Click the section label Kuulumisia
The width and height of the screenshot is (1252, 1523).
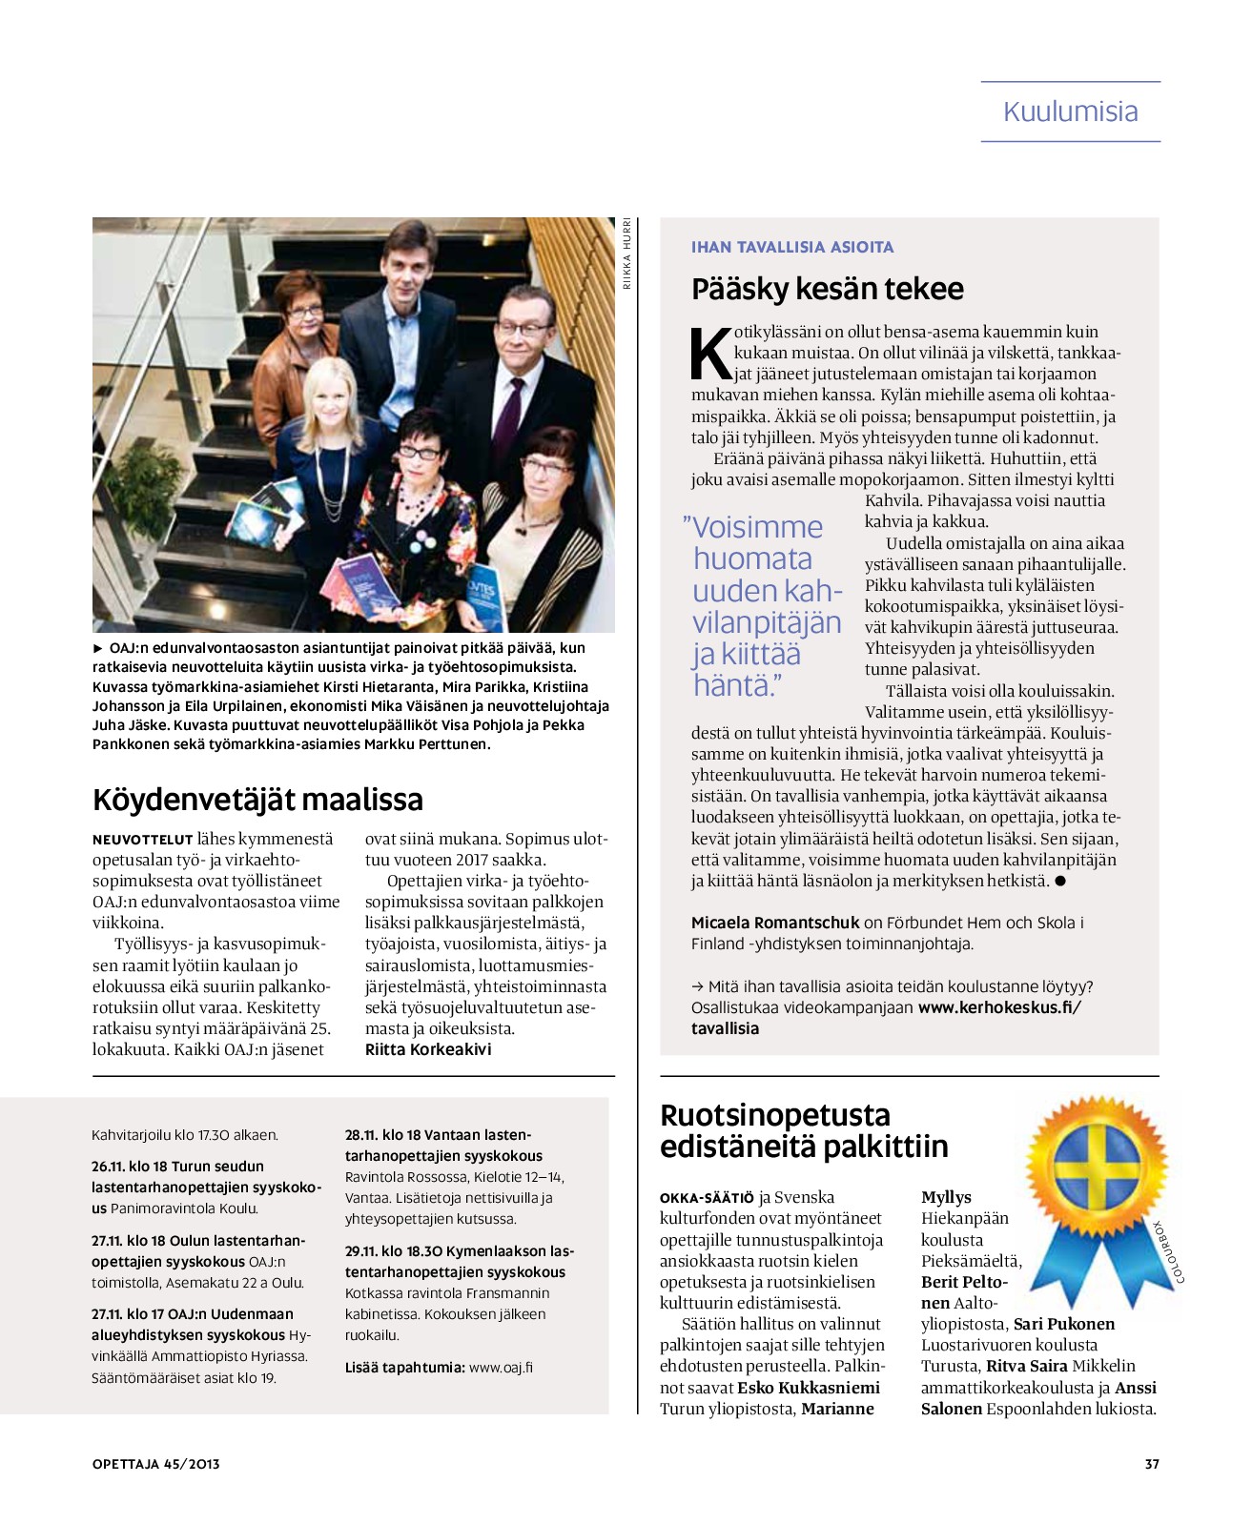click(1070, 112)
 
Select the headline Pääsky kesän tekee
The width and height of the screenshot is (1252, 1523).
click(827, 289)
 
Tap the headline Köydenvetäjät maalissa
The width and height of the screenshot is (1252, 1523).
click(257, 799)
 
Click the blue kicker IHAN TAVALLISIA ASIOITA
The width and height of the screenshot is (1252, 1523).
click(791, 247)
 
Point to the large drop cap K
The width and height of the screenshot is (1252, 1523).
click(710, 355)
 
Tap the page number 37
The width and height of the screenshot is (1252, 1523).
click(1151, 1464)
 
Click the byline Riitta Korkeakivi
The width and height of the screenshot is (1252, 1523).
click(428, 1049)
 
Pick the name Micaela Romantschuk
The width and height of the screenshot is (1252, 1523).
click(775, 923)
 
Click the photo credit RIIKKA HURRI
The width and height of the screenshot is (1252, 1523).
click(626, 253)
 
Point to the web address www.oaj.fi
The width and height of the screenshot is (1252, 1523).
click(501, 1367)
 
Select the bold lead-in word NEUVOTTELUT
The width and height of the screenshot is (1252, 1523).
click(142, 840)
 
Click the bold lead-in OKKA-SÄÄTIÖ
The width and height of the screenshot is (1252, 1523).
click(707, 1198)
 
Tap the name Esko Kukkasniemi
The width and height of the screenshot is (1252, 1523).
click(809, 1388)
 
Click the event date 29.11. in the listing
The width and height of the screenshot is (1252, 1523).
click(360, 1251)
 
